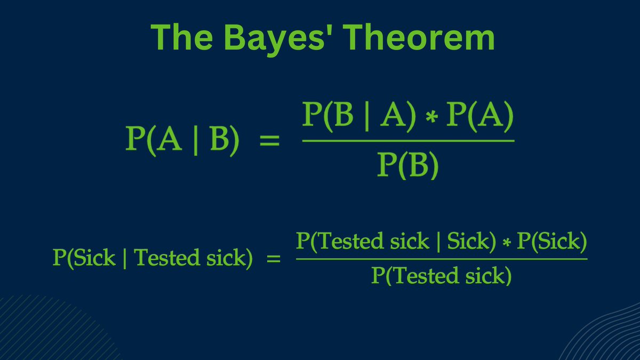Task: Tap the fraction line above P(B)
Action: pyautogui.click(x=408, y=141)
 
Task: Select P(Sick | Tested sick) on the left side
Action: pyautogui.click(x=153, y=258)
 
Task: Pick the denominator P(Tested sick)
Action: pyautogui.click(x=442, y=276)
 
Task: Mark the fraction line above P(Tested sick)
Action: pyautogui.click(x=442, y=259)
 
